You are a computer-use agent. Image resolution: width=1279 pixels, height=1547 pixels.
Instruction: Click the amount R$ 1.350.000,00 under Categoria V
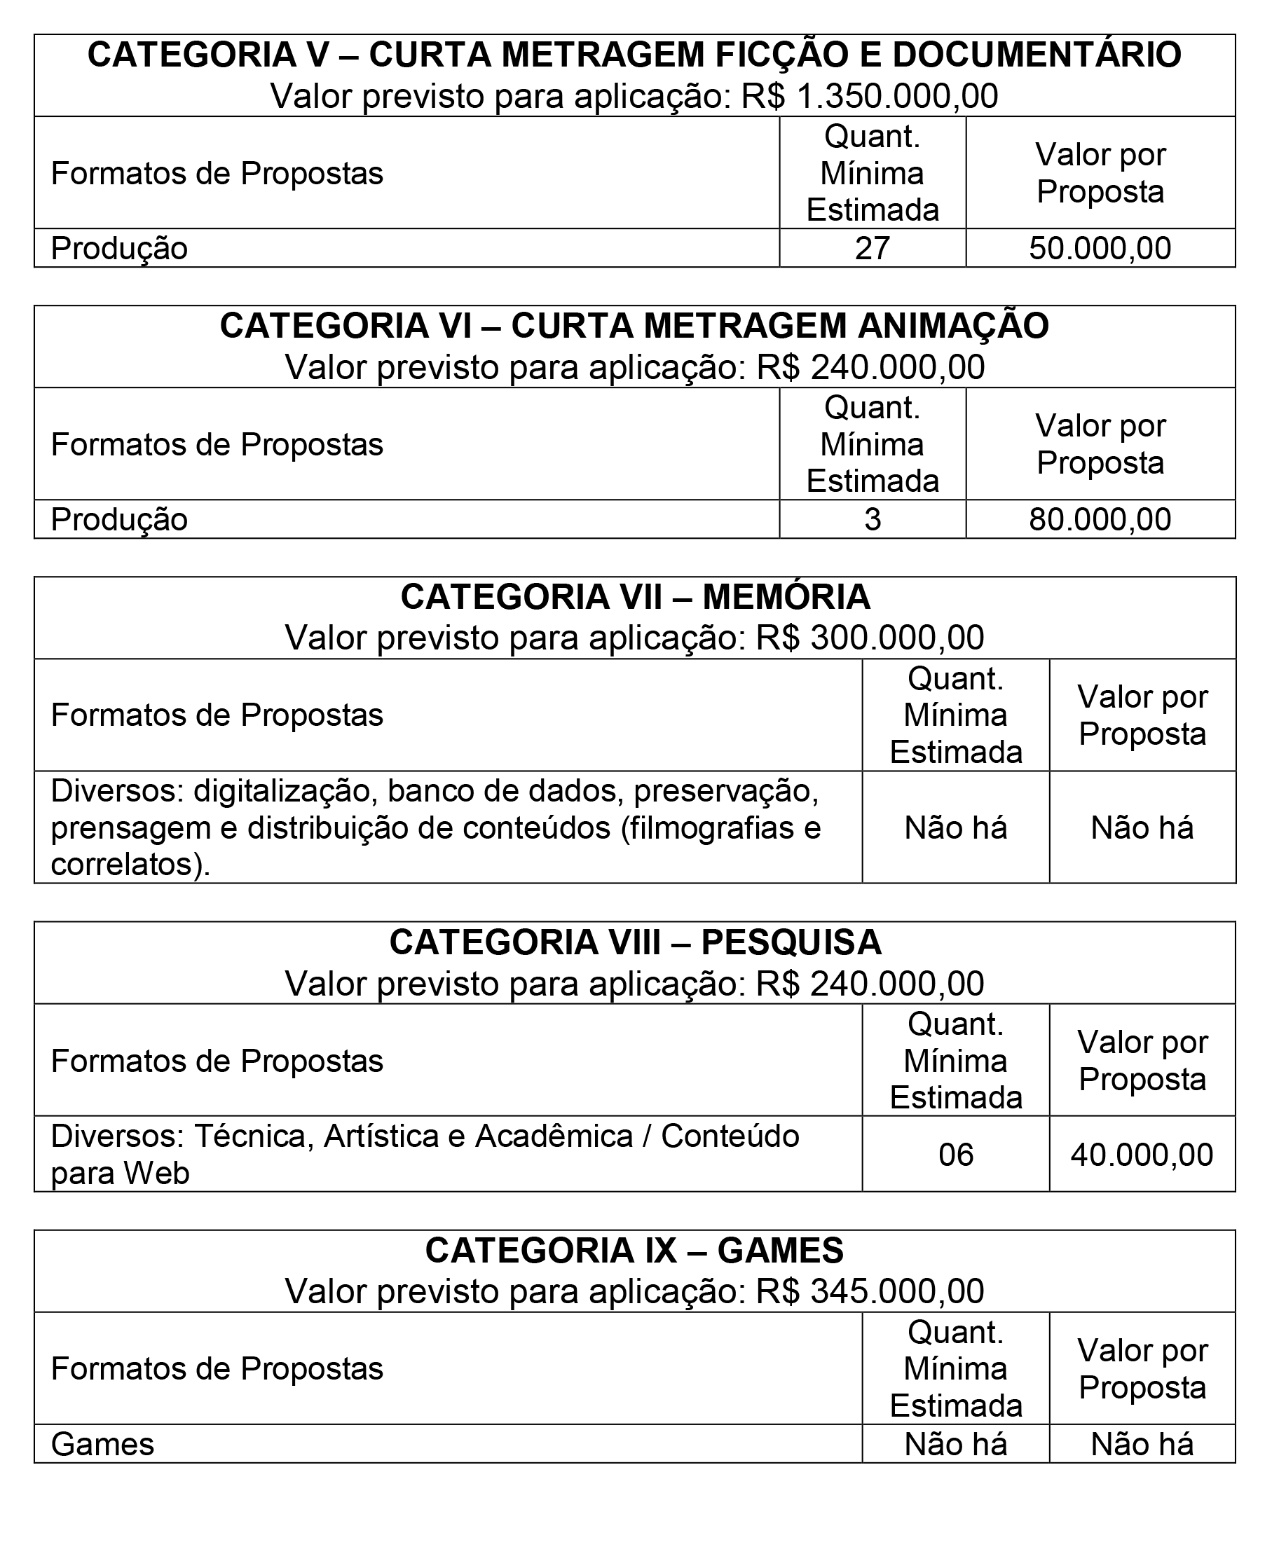(x=869, y=97)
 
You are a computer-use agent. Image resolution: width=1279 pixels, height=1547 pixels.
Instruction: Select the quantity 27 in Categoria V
(x=873, y=248)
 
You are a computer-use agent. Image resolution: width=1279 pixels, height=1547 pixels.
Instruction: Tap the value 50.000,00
(x=1100, y=248)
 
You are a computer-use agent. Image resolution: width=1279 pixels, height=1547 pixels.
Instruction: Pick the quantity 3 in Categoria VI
(x=873, y=519)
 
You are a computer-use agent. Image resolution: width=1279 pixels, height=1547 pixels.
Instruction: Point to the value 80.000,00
(x=1100, y=519)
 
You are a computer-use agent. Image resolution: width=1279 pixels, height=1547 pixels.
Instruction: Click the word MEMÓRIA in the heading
(x=786, y=598)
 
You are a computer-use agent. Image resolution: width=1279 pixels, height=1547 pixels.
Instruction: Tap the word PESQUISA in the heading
(x=791, y=943)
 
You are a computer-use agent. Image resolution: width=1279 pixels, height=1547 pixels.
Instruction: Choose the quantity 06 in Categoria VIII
(x=955, y=1155)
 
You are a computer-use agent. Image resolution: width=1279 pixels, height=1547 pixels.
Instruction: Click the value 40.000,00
(x=1141, y=1155)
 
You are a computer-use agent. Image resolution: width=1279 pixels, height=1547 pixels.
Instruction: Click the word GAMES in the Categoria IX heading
(x=780, y=1251)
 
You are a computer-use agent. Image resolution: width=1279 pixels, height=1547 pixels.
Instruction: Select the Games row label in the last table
(x=102, y=1445)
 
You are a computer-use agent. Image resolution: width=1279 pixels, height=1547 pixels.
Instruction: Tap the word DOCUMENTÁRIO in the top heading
(x=1037, y=55)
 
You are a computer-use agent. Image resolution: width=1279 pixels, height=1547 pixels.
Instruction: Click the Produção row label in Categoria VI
(x=119, y=519)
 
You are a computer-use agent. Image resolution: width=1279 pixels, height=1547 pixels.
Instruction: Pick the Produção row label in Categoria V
(x=119, y=248)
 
